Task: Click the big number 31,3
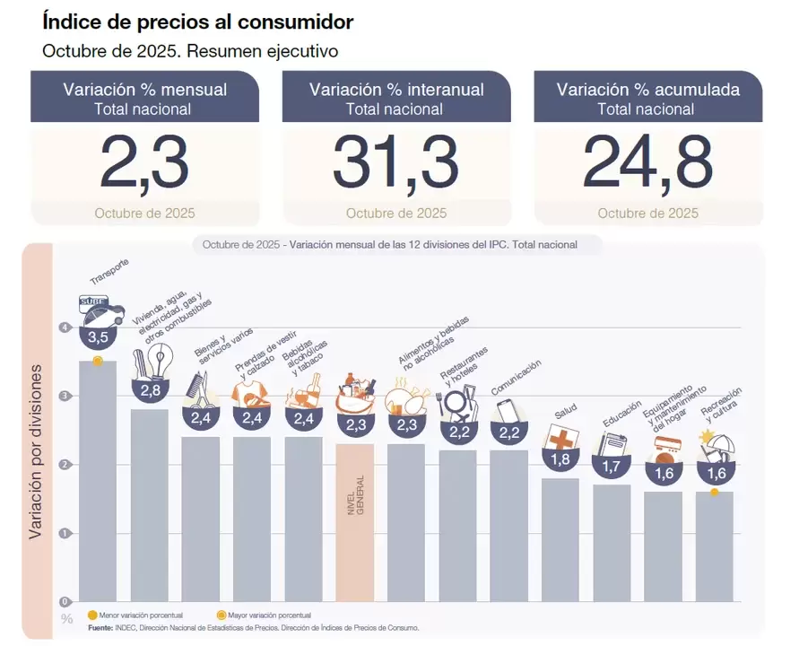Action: (x=395, y=163)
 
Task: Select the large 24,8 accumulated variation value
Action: (x=647, y=163)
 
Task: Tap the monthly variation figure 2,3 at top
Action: (x=144, y=163)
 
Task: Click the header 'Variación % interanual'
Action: (x=396, y=90)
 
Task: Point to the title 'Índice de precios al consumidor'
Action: (x=197, y=22)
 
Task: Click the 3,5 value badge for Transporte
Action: (x=98, y=337)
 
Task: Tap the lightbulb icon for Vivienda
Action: (x=160, y=361)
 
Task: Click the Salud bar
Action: (x=560, y=538)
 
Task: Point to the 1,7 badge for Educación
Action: (x=612, y=467)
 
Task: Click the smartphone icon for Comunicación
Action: (x=509, y=412)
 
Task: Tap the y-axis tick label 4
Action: (x=65, y=328)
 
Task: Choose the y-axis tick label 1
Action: (x=65, y=533)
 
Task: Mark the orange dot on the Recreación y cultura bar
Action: (x=714, y=493)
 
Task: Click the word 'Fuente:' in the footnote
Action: (x=100, y=628)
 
